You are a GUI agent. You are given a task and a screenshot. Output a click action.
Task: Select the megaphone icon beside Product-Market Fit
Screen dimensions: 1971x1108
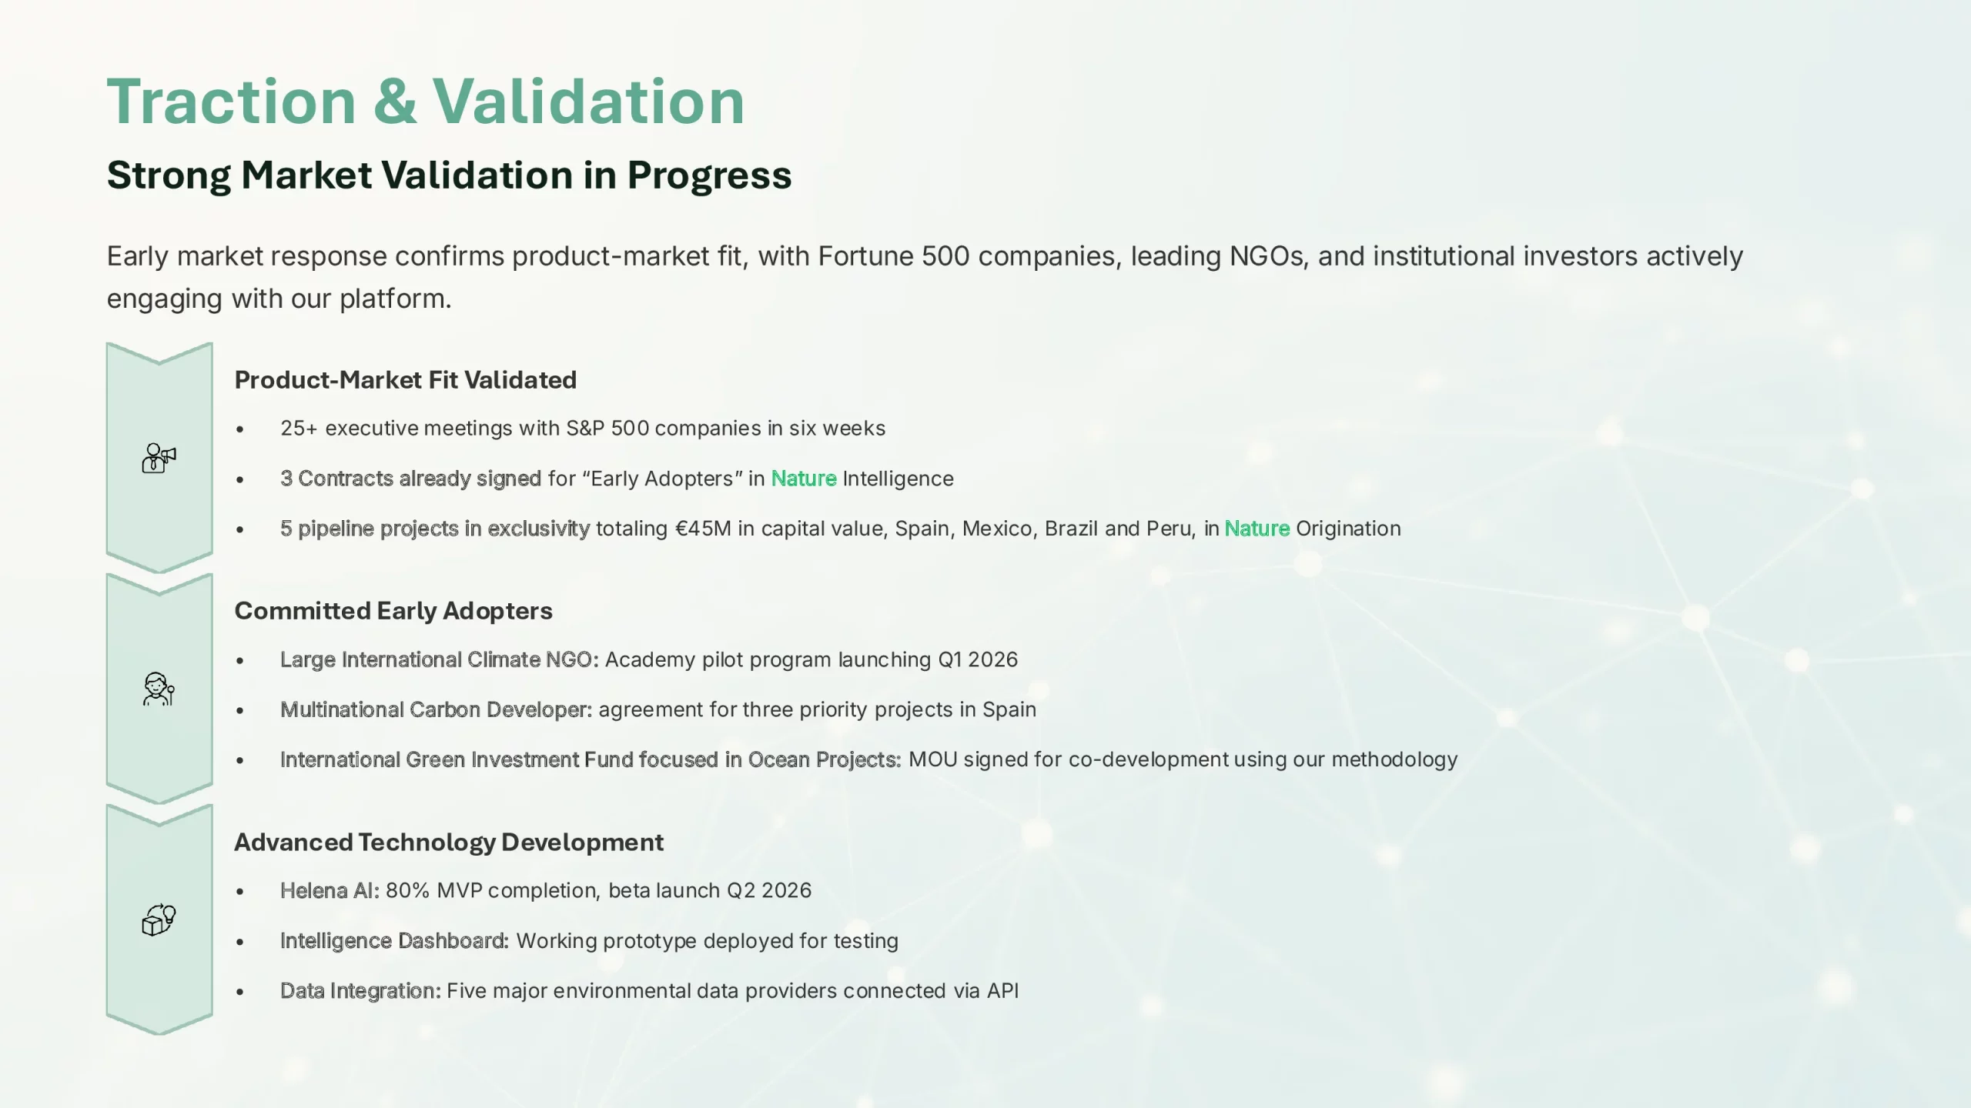coord(159,458)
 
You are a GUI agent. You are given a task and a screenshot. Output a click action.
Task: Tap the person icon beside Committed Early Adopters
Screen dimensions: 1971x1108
coord(159,689)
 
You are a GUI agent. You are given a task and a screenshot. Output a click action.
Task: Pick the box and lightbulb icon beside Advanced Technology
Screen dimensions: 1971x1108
coord(159,919)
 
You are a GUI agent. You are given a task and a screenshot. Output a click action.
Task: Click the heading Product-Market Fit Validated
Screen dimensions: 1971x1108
coord(406,380)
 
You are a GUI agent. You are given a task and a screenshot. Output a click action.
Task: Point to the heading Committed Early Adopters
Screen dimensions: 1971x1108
coord(393,611)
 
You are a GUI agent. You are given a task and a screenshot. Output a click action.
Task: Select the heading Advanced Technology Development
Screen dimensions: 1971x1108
coord(449,843)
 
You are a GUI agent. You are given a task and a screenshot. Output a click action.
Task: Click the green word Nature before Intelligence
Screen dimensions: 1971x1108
coord(804,479)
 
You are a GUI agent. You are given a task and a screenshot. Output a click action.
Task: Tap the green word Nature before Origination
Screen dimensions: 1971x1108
coord(1257,529)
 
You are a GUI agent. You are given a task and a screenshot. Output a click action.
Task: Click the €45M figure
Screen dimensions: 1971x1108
coord(703,529)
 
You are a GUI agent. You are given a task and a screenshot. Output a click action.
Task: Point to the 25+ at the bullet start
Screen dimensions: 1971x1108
coord(299,429)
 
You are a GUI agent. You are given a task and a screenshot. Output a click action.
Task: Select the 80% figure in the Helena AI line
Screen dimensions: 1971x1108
coord(407,891)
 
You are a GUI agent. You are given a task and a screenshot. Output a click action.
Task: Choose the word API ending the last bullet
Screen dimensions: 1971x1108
coord(1002,991)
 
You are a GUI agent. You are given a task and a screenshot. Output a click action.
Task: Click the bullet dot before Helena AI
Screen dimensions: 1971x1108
coord(240,892)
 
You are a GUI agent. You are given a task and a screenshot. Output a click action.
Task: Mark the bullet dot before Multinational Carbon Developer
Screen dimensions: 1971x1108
coord(240,711)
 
